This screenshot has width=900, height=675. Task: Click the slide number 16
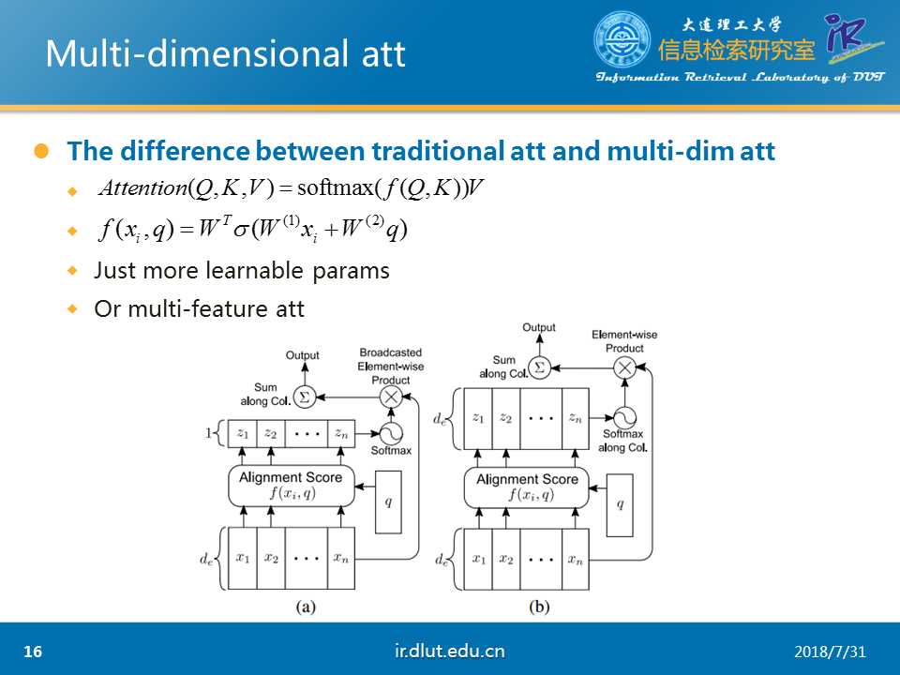(33, 652)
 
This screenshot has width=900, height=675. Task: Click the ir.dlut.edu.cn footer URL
(449, 651)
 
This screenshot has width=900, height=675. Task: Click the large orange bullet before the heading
(42, 151)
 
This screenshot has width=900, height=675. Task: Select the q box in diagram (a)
(388, 502)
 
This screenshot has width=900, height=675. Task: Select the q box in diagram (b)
(620, 505)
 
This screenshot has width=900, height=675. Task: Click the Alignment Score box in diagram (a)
(291, 486)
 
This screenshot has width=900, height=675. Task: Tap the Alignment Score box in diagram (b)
(526, 487)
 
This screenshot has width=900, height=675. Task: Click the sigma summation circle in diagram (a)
(305, 397)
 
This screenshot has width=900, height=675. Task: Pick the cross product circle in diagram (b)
(625, 367)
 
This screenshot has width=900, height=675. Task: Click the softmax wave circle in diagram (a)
(391, 434)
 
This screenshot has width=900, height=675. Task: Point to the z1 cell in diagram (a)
(242, 434)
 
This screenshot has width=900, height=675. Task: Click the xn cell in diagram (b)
(575, 559)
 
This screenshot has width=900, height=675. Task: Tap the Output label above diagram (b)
(539, 327)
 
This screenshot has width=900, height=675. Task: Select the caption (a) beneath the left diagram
(306, 607)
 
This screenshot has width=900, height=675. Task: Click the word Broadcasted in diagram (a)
(391, 352)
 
